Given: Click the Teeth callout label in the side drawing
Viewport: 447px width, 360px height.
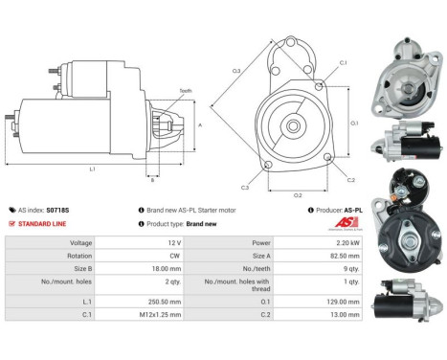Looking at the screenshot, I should pyautogui.click(x=184, y=91).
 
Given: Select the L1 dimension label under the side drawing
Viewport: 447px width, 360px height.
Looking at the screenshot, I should pyautogui.click(x=92, y=169).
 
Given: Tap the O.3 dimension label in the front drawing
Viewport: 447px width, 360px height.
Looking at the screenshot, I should pyautogui.click(x=235, y=70).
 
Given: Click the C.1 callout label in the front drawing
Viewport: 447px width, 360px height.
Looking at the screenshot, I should pyautogui.click(x=344, y=63).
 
